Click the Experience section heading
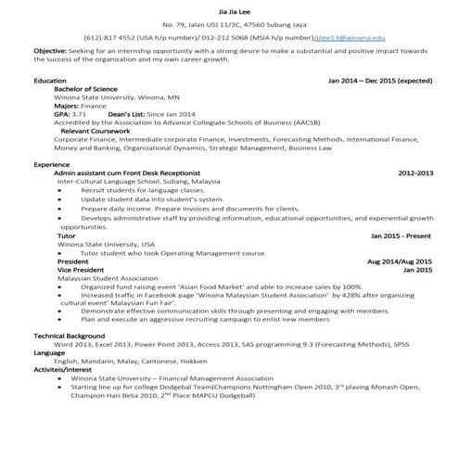pos(52,164)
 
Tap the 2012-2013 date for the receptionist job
pos(415,172)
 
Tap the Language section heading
pos(50,352)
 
